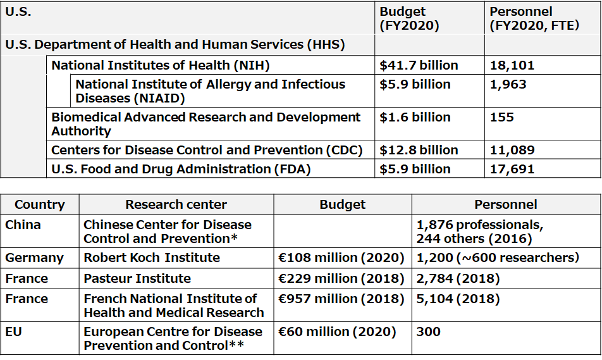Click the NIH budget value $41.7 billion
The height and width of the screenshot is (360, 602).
tap(419, 65)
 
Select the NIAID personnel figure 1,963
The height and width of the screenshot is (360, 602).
tap(508, 85)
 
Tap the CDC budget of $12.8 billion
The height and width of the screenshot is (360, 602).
tap(419, 150)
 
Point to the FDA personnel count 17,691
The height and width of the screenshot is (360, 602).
tap(512, 169)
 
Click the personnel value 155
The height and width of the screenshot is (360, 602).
tap(501, 117)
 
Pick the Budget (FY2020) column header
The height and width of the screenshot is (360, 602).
tap(409, 18)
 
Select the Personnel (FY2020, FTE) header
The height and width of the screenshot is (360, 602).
tap(534, 18)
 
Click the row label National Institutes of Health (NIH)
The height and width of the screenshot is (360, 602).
tap(160, 65)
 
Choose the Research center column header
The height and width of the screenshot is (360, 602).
tap(176, 204)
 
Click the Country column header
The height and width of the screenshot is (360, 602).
tap(40, 204)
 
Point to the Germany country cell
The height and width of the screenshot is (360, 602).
tap(34, 258)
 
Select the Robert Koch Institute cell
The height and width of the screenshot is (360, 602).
tap(152, 258)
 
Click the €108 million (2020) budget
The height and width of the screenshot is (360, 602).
tap(341, 258)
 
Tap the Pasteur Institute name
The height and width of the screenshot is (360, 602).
tap(137, 278)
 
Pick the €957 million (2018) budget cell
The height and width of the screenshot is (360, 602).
tap(341, 299)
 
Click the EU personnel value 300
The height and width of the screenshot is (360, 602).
tap(428, 332)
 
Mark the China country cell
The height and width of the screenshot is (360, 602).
tap(23, 225)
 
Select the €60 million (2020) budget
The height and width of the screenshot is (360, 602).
tap(336, 332)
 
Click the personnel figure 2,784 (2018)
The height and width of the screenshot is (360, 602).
tap(458, 278)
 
